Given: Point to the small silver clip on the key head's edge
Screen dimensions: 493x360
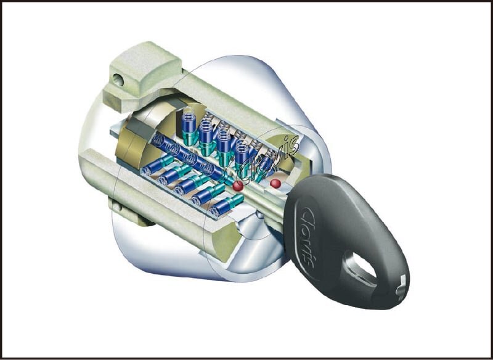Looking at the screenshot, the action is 401,285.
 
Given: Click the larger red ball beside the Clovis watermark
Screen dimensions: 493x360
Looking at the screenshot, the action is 238,186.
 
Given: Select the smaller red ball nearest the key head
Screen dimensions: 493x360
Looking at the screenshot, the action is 275,183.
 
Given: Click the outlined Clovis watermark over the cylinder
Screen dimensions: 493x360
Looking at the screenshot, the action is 268,161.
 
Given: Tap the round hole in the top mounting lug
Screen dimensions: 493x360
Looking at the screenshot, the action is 118,80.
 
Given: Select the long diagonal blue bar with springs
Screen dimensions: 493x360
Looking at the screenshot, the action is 192,159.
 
